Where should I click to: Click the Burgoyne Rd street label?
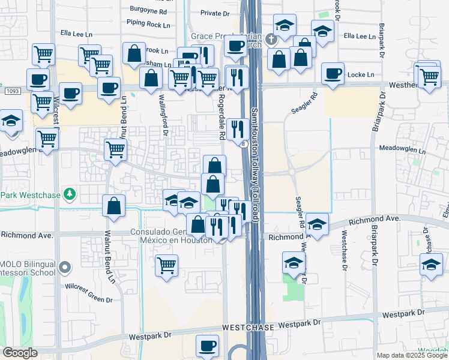[152, 10]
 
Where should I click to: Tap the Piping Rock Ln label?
[148, 23]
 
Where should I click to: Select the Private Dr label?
[215, 13]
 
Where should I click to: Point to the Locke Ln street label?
[363, 75]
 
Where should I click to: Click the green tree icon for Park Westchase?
[70, 194]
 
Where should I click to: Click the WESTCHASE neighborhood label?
[249, 328]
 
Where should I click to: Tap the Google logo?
[20, 353]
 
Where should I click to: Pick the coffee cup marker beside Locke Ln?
[333, 73]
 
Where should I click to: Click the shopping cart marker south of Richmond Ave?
[167, 264]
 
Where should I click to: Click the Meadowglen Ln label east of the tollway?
[402, 148]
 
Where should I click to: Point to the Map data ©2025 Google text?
[412, 355]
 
